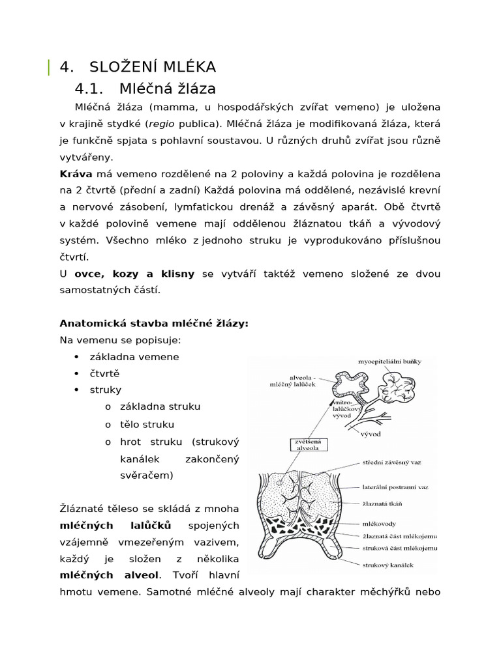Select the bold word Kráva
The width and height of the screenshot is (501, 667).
coord(76,174)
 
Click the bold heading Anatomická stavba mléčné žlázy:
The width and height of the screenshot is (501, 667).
coord(154,323)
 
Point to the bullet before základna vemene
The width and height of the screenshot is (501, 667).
coord(77,357)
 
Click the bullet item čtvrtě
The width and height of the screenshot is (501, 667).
coord(105,373)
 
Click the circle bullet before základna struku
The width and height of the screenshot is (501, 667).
coord(108,406)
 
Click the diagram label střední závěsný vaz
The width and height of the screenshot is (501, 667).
coord(391,462)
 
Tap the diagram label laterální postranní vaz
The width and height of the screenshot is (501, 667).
coord(396,486)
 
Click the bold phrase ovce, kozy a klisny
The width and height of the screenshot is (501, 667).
coord(134,274)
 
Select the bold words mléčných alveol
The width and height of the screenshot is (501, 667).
coord(109,575)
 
